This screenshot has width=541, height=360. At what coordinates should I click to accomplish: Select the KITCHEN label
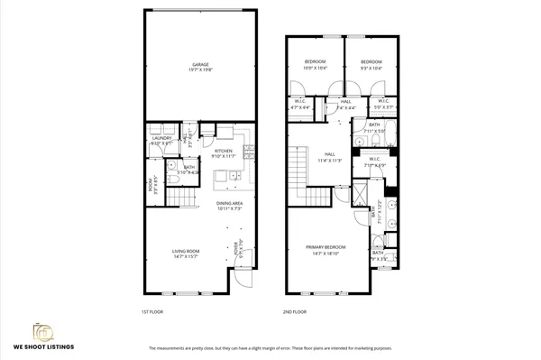coord(224,152)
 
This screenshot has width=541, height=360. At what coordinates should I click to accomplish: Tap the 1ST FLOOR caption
coord(152,311)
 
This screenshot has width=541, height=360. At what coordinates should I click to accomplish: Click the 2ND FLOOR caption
coord(294,311)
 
